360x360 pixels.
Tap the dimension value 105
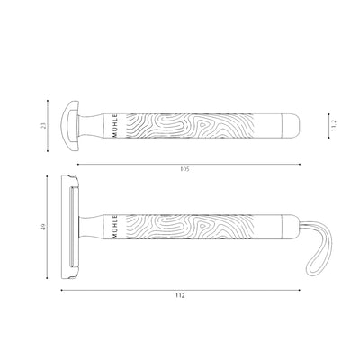coord(184,168)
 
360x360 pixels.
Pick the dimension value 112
coord(184,296)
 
